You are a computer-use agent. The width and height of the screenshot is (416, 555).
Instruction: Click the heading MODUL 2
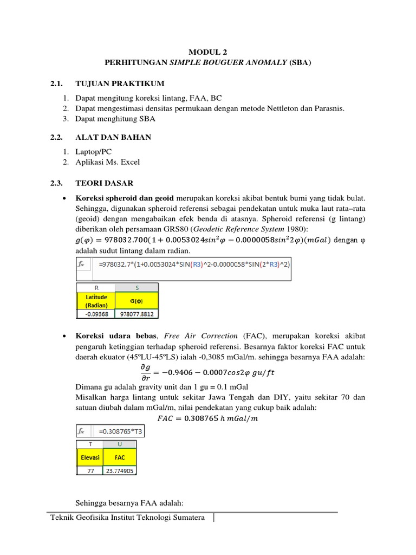point(208,52)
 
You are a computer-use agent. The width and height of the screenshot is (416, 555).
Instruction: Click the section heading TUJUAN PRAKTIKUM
point(120,83)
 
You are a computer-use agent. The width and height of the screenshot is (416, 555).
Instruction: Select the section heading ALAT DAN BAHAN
point(113,137)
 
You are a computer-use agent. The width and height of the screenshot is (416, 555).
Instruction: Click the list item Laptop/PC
point(94,152)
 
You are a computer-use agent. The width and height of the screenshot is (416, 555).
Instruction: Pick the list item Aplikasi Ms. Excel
point(107,162)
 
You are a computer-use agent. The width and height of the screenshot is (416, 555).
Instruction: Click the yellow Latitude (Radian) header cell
point(96,301)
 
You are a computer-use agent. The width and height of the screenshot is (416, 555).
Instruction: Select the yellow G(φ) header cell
point(138,301)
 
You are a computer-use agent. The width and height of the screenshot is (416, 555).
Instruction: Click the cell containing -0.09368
point(96,313)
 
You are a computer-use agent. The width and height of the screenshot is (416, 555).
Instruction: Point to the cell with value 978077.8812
point(138,313)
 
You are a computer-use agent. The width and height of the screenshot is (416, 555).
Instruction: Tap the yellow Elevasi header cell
point(89,457)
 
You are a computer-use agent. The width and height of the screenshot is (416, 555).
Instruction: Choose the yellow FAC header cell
point(120,457)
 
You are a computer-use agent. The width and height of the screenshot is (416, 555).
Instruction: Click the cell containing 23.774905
point(120,471)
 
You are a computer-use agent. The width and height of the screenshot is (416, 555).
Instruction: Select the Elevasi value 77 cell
point(89,471)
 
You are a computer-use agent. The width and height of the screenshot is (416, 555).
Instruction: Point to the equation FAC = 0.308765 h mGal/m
point(207,418)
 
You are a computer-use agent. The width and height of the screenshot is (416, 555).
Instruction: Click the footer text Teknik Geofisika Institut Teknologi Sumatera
point(127,518)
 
